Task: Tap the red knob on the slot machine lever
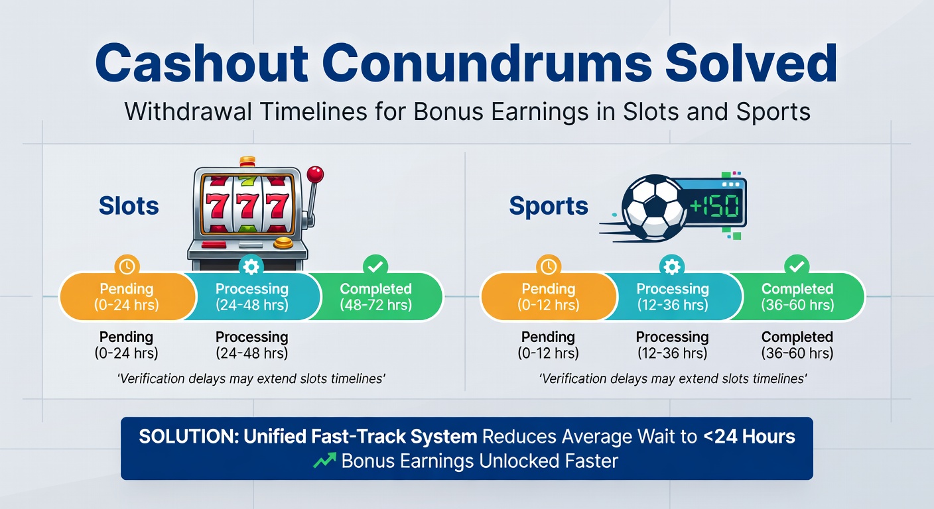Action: tap(316, 174)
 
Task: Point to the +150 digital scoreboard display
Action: tap(714, 206)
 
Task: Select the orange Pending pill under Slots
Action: tap(127, 296)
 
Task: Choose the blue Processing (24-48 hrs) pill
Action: tap(252, 296)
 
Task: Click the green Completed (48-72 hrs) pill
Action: tap(375, 296)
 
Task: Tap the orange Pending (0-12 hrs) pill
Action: tap(548, 296)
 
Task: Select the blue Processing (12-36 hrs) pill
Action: tap(672, 296)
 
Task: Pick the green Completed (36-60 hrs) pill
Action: tap(797, 296)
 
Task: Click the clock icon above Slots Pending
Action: tap(127, 266)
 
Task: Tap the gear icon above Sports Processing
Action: tap(672, 266)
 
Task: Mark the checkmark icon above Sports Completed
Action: tap(796, 266)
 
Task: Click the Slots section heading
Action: tap(129, 205)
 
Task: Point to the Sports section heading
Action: tap(549, 205)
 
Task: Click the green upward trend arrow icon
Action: tap(323, 461)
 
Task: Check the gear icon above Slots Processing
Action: tap(252, 266)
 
